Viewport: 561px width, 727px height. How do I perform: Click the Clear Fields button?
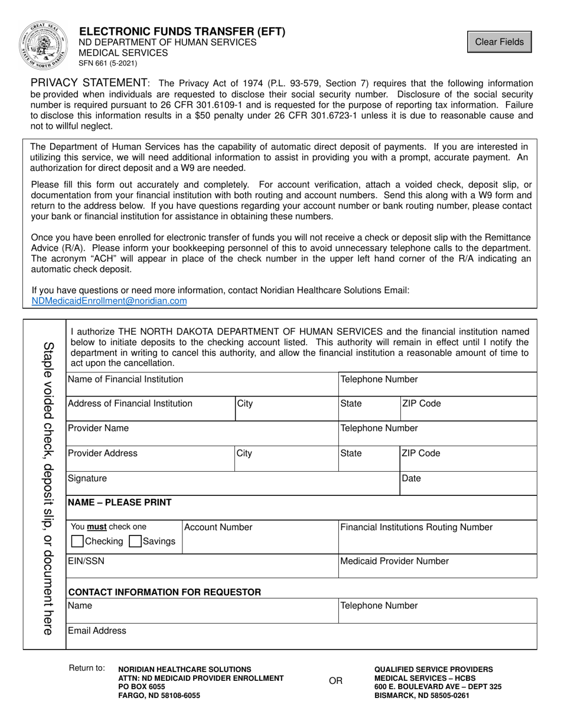click(499, 42)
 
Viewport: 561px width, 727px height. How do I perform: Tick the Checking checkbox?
click(77, 541)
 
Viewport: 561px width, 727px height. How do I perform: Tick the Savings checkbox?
click(135, 541)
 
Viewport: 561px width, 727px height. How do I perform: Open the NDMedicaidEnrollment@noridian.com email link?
click(109, 301)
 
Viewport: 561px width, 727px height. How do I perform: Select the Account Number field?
click(260, 541)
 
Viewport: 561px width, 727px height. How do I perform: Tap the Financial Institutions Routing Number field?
click(438, 541)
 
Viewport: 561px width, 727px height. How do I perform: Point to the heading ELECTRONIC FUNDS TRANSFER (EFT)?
click(182, 32)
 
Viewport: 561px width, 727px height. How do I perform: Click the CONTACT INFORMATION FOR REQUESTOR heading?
click(165, 592)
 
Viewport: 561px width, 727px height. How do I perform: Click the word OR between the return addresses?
click(335, 681)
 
